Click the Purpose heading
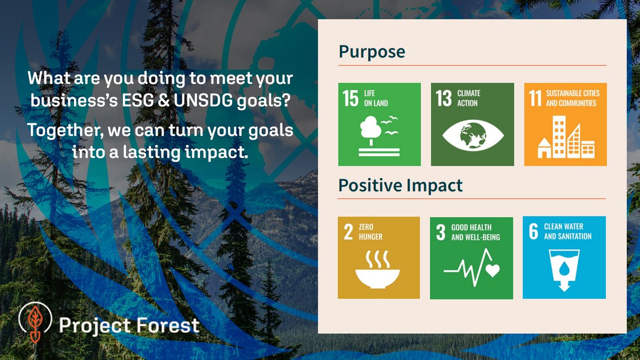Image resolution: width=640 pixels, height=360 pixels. pos(372,52)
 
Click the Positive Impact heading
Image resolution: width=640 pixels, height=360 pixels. pos(401,185)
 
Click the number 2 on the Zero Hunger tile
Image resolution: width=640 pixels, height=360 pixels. pos(348,232)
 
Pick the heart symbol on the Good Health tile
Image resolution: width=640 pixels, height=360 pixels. pos(492,270)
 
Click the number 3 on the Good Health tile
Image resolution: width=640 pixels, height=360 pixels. pos(441,232)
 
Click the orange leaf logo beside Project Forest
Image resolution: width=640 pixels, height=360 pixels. pos(35,323)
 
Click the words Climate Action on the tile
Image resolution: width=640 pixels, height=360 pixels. pos(468,98)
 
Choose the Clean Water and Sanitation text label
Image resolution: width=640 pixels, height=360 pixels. pos(567,231)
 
